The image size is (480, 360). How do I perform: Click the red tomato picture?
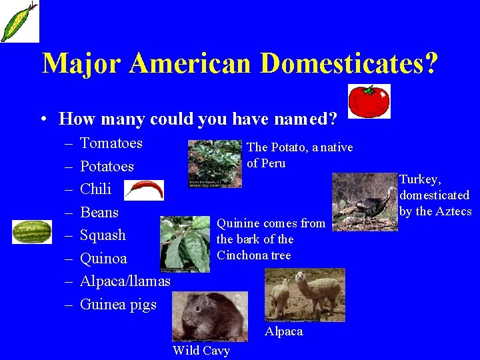(x=369, y=101)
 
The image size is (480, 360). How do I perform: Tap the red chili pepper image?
(x=144, y=191)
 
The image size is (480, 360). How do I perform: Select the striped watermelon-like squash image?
(x=32, y=231)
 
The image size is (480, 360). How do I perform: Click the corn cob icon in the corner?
(x=19, y=21)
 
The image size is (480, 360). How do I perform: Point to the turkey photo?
(x=364, y=202)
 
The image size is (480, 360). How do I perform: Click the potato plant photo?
(x=214, y=163)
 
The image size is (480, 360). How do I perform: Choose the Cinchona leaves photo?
(x=185, y=244)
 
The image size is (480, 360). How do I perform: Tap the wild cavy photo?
(x=209, y=317)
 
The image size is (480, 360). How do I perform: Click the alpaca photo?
(x=305, y=295)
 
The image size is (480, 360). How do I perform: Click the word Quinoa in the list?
(x=103, y=259)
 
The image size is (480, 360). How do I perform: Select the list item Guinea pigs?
(x=118, y=305)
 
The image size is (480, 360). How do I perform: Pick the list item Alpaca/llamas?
(x=125, y=281)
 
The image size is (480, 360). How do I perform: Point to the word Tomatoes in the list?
(x=111, y=143)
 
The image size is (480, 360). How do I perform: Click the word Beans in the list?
(x=99, y=213)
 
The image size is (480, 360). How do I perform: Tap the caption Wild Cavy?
(x=201, y=351)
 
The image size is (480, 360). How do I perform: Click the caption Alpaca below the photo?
(x=283, y=331)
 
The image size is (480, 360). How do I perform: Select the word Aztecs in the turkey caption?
(x=453, y=211)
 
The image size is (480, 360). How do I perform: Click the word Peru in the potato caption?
(x=274, y=163)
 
